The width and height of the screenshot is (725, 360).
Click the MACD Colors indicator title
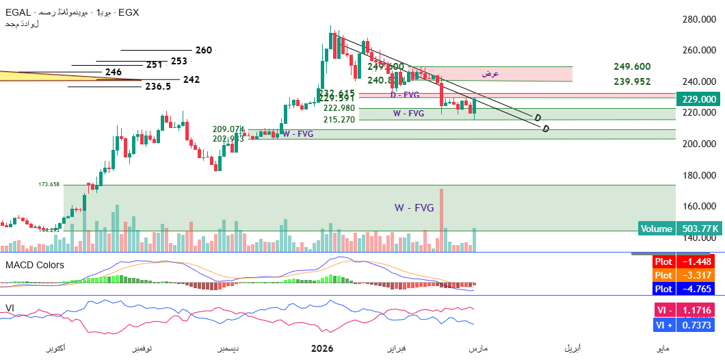click(35, 265)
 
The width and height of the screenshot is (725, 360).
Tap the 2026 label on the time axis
click(321, 349)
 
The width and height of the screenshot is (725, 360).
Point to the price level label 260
click(203, 50)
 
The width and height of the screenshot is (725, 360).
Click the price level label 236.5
click(158, 87)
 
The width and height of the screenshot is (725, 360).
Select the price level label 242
click(191, 79)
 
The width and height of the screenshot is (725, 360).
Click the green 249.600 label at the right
click(632, 66)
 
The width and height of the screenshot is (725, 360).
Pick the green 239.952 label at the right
click(632, 81)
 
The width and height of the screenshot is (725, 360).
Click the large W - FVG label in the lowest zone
click(414, 207)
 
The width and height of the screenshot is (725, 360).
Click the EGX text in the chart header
click(129, 12)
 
